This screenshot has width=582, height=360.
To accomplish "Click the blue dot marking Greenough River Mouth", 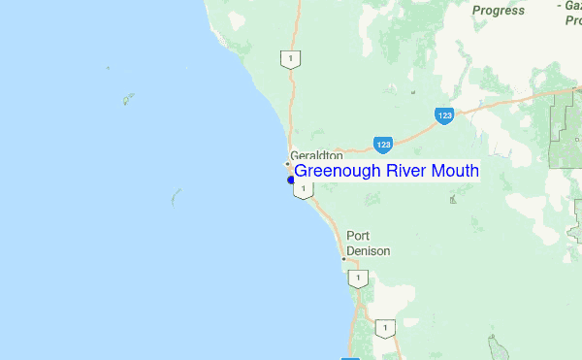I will (x=290, y=180).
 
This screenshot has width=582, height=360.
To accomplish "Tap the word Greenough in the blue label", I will (x=338, y=172).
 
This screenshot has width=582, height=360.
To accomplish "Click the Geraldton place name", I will (x=316, y=155).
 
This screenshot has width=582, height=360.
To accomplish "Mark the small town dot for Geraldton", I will (x=287, y=163).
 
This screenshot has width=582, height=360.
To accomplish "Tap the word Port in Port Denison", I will (x=359, y=236).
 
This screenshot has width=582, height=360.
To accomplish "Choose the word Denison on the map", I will (x=369, y=250).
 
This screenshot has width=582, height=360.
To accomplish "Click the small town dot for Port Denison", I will (x=343, y=259).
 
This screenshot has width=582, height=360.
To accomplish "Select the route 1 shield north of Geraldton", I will (x=288, y=59).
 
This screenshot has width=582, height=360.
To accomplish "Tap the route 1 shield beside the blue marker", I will (x=304, y=189).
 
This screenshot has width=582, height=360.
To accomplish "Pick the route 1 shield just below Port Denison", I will (x=359, y=279).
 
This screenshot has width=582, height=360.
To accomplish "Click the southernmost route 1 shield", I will (x=386, y=329).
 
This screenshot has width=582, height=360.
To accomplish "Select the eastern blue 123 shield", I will (x=444, y=115).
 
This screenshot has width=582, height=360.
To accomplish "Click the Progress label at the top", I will (x=499, y=11).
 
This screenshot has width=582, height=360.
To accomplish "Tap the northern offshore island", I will (x=126, y=99).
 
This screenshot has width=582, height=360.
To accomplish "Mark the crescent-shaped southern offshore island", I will (x=175, y=198).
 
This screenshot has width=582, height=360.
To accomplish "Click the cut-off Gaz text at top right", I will (x=571, y=5).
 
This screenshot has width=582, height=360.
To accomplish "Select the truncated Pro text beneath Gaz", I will (x=571, y=20).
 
